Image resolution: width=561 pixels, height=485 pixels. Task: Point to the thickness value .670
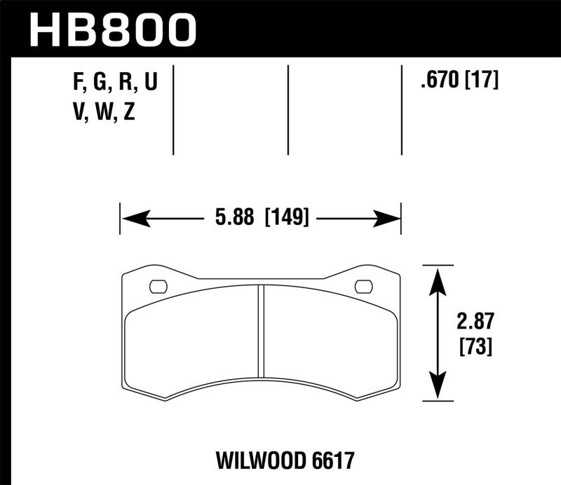pos(438,81)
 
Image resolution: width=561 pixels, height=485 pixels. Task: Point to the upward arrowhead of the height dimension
pos(438,279)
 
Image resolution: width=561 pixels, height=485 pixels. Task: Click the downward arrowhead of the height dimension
pos(438,389)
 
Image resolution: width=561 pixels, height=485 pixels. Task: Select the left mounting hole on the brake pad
pos(158,286)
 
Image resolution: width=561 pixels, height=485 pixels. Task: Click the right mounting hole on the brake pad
pos(364,286)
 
